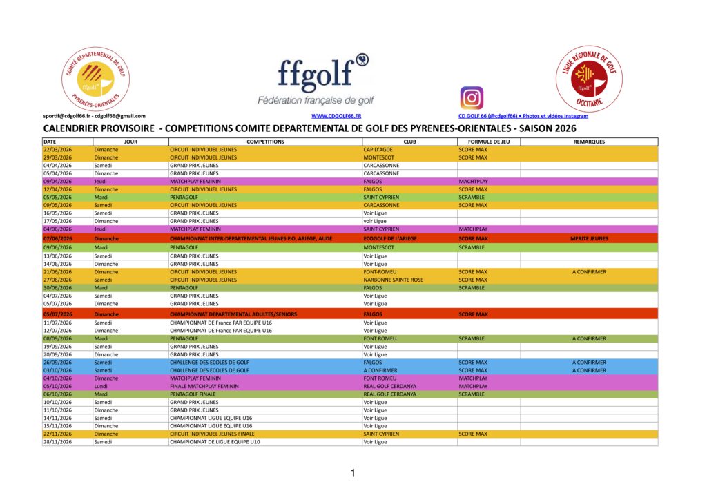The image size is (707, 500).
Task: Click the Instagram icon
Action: pos(472,97)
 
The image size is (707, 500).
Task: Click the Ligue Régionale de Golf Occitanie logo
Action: pos(589,79)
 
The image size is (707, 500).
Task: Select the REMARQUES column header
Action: pos(589,142)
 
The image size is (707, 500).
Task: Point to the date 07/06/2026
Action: pos(57,238)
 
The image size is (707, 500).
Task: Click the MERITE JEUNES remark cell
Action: pos(589,238)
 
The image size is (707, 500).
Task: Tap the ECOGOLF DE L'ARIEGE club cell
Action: pos(389,238)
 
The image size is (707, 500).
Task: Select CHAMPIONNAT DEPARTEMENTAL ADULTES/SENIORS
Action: pos(233,314)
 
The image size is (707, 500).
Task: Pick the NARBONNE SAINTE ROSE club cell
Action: pos(393,280)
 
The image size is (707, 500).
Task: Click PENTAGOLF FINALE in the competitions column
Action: pos(194,394)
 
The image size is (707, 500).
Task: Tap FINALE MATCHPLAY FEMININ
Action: pos(203,386)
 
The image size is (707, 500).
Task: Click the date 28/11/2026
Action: pos(57,442)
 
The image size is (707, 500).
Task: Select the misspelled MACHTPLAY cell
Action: pos(473,181)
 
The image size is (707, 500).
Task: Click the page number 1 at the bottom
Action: pos(353,473)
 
